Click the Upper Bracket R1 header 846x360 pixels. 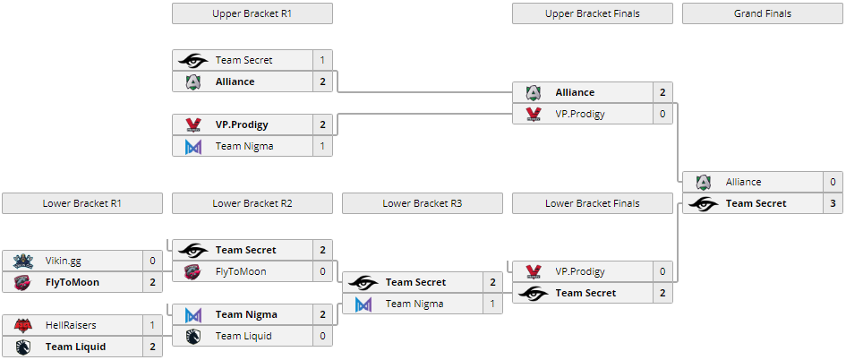click(252, 13)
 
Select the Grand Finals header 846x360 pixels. click(762, 13)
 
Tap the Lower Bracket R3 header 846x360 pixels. click(422, 203)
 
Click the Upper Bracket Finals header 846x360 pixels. click(592, 13)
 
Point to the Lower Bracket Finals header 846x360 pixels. click(592, 203)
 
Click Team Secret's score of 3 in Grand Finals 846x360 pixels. click(833, 203)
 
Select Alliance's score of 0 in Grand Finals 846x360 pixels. click(833, 182)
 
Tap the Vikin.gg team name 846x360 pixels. click(64, 261)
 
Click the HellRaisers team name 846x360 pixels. click(71, 325)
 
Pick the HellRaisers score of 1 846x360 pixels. click(152, 325)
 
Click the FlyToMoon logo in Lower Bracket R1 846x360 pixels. click(22, 282)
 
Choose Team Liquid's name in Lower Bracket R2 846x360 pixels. click(244, 336)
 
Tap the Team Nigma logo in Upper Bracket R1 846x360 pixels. click(192, 146)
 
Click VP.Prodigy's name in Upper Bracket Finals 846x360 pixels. click(580, 114)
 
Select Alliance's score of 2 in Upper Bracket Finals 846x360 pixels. click(662, 92)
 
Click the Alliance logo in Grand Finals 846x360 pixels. click(703, 182)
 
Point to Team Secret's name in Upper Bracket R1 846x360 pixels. click(244, 60)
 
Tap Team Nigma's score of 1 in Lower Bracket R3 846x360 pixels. click(492, 304)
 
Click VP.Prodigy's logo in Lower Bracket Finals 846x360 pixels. click(534, 271)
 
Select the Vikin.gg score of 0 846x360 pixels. click(152, 261)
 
